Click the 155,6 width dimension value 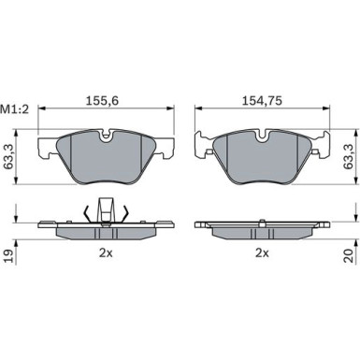(x=102, y=101)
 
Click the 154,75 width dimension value (x=262, y=101)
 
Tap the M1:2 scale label (x=14, y=109)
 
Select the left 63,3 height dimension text (x=9, y=157)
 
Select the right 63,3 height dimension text (x=348, y=157)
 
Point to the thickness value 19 (x=9, y=255)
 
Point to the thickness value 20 (x=349, y=255)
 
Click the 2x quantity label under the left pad (x=106, y=253)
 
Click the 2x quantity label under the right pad (x=262, y=253)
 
